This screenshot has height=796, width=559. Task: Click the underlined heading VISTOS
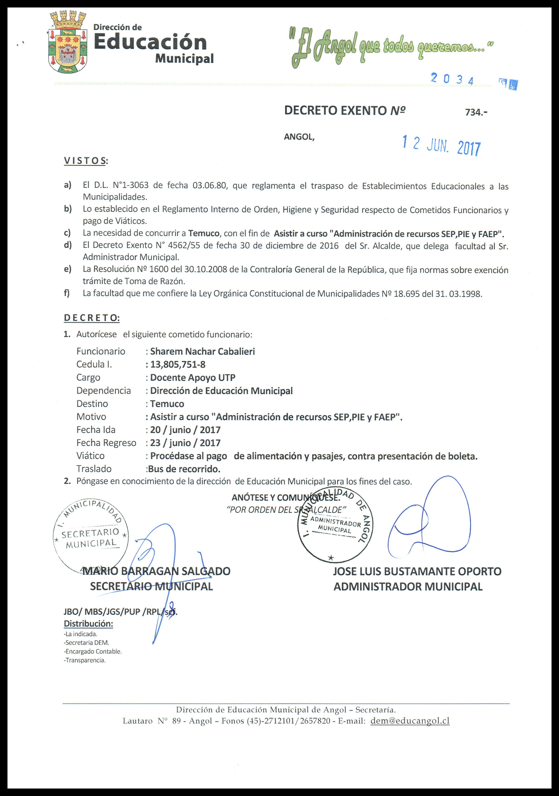(85, 160)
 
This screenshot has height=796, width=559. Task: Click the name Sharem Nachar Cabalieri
(202, 352)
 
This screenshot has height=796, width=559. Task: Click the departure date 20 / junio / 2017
(185, 430)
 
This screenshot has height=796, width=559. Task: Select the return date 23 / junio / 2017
(185, 443)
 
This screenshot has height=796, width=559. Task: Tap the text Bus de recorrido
(184, 469)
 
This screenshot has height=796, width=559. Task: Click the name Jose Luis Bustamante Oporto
(417, 571)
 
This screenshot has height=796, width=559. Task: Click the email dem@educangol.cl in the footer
(410, 721)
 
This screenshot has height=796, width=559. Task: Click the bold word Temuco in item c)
(204, 233)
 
